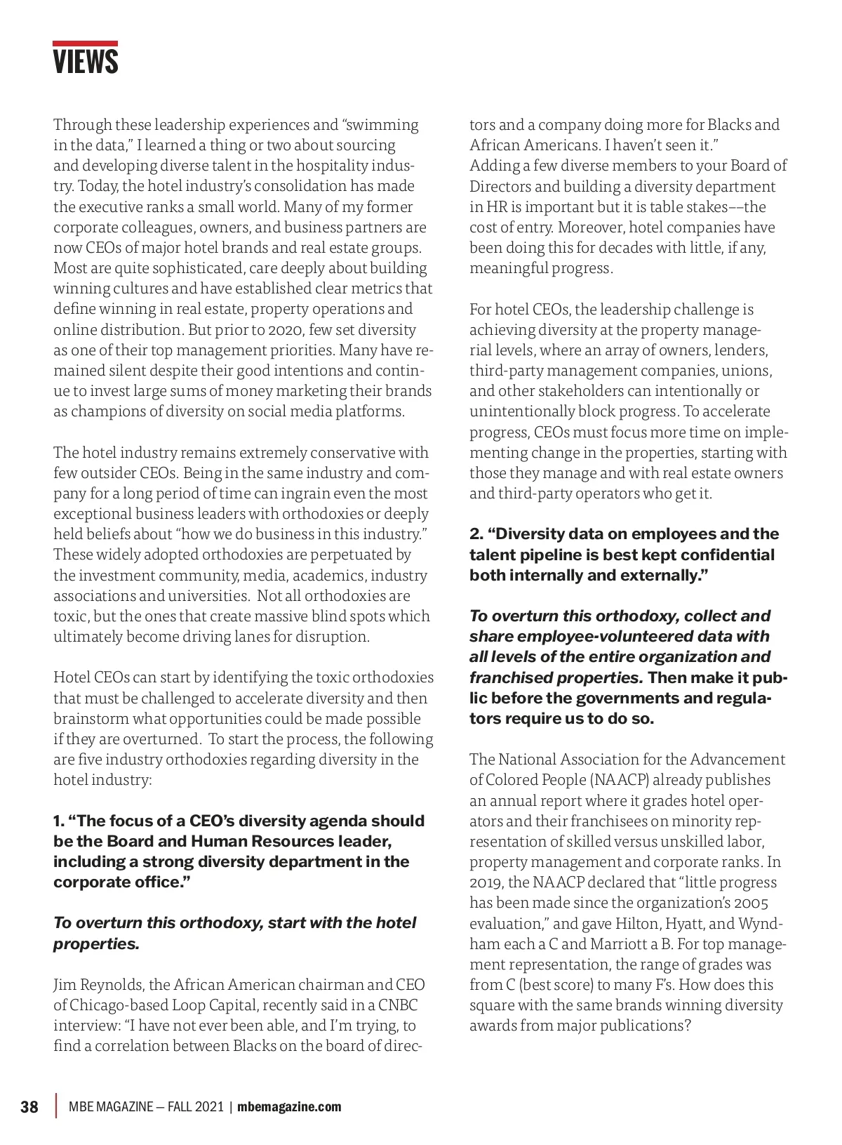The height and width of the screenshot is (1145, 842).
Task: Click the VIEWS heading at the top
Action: [86, 62]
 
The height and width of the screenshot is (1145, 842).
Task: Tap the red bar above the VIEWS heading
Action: [85, 44]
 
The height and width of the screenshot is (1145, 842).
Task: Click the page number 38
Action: [29, 1107]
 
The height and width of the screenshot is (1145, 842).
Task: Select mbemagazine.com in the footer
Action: [289, 1107]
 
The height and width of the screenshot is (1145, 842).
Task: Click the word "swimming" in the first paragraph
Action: [380, 125]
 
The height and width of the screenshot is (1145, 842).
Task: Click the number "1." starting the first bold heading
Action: [59, 821]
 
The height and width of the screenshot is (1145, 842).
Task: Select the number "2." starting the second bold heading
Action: [476, 534]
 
